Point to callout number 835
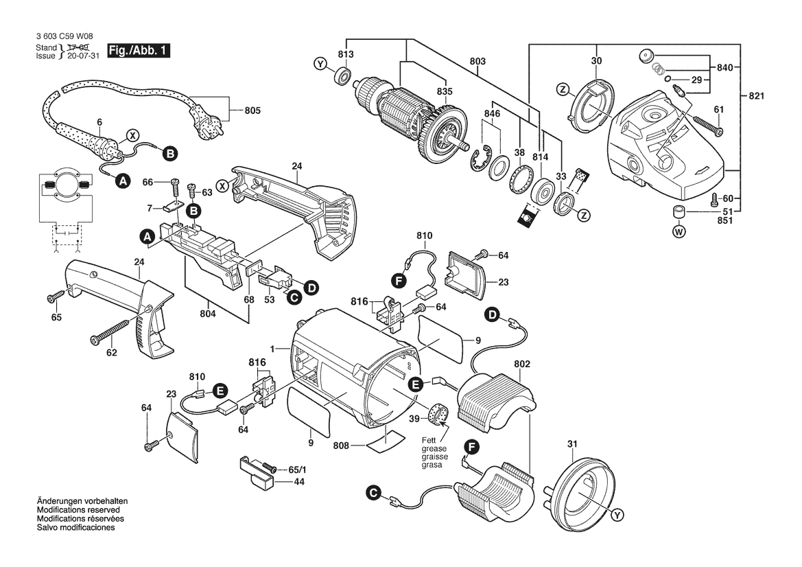445,91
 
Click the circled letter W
679,231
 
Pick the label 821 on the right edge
757,95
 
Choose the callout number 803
477,62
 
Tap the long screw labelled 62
110,334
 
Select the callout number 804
208,314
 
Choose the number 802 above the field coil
521,362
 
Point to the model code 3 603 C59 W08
64,37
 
